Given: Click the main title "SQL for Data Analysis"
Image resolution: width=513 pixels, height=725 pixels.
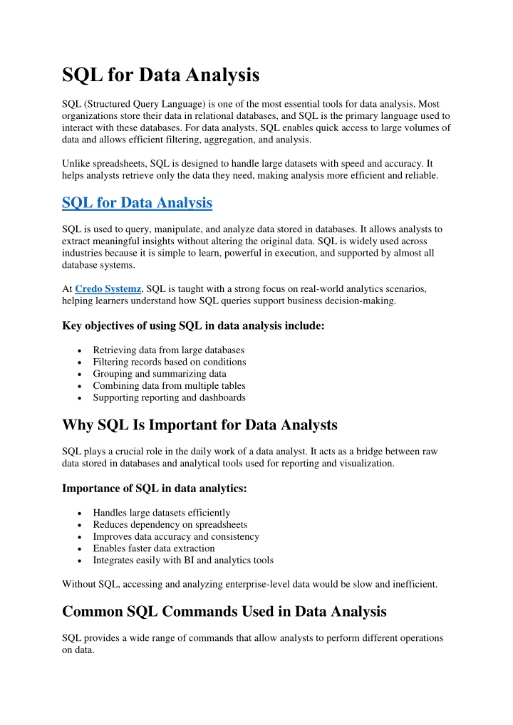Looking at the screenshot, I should [x=161, y=73].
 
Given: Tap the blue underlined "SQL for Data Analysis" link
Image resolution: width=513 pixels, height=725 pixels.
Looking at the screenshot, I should [x=137, y=203].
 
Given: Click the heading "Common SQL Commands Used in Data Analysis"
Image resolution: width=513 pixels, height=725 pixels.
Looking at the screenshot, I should [x=224, y=611].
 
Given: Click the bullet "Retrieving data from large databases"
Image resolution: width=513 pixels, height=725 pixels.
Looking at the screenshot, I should [x=168, y=350].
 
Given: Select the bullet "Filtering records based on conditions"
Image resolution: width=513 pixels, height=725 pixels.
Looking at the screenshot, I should [x=170, y=362].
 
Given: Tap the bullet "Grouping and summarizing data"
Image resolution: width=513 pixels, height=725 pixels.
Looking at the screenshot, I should [x=160, y=373].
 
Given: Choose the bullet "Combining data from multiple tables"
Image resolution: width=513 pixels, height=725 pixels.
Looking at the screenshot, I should [x=169, y=385].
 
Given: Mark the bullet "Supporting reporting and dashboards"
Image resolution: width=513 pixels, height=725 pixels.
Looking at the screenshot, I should [x=169, y=397].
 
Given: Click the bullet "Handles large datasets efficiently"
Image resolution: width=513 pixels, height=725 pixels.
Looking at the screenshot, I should [x=162, y=513].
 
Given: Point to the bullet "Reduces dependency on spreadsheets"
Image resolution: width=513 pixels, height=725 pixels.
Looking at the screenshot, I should [x=170, y=524].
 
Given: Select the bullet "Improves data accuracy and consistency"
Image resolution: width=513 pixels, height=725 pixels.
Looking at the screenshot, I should [x=176, y=536].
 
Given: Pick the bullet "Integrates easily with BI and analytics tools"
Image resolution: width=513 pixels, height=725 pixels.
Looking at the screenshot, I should [x=183, y=560].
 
